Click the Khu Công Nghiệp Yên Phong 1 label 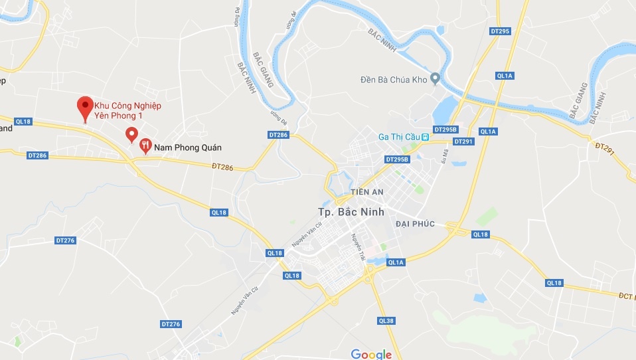[128, 111]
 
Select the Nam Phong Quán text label [187, 147]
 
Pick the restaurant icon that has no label [131, 135]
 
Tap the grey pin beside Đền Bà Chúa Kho [435, 79]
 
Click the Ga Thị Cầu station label [400, 137]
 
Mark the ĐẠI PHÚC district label [415, 224]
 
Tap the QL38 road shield [386, 321]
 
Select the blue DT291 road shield [463, 141]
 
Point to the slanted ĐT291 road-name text [605, 151]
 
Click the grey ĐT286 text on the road [225, 167]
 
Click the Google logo [371, 354]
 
